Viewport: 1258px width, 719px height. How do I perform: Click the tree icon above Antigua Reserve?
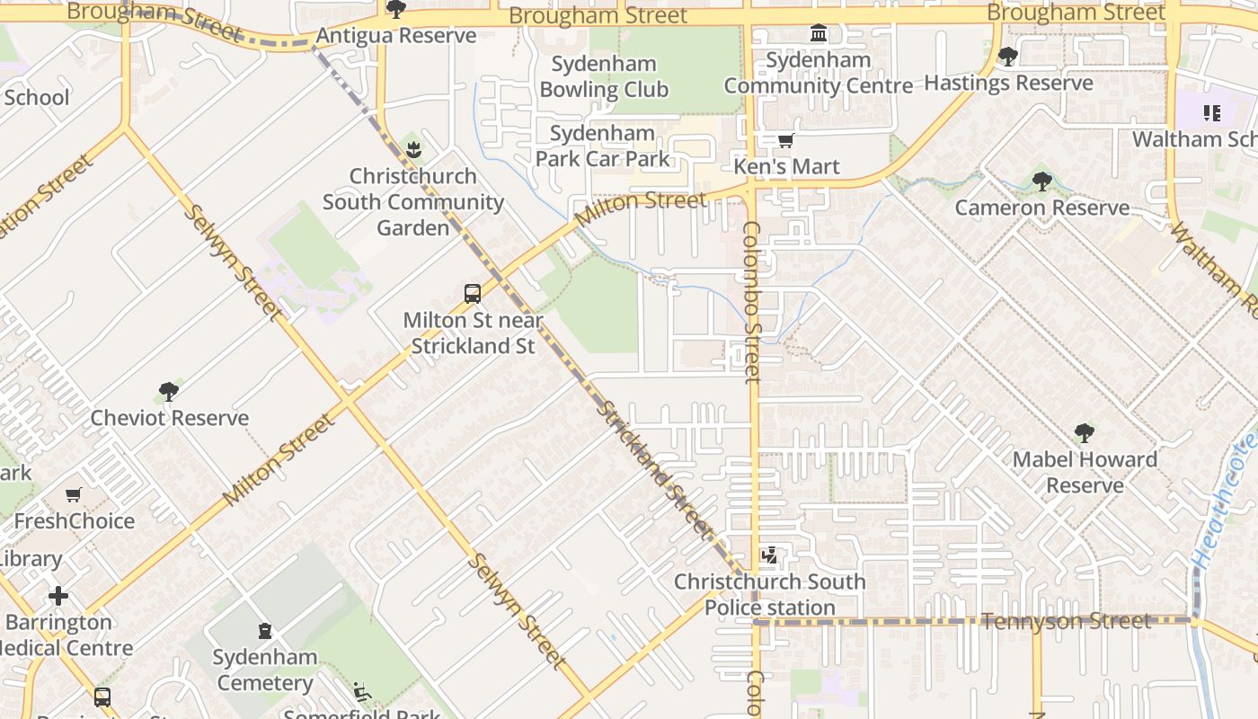(x=395, y=10)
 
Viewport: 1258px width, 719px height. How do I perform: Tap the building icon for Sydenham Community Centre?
(x=819, y=34)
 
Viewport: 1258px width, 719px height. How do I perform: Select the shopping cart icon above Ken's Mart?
(x=786, y=140)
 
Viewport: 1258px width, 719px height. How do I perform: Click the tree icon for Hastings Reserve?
(x=1008, y=57)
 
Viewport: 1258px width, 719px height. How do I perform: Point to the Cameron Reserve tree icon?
(x=1041, y=182)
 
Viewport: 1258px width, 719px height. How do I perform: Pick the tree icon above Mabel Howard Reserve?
(x=1085, y=433)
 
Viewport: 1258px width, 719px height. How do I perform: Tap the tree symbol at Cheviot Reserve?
(x=168, y=392)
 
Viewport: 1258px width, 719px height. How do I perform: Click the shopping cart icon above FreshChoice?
(x=74, y=495)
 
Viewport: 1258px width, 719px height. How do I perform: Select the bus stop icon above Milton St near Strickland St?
(x=473, y=293)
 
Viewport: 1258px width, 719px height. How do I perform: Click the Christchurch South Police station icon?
(x=769, y=556)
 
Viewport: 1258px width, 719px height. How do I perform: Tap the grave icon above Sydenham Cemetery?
(x=265, y=631)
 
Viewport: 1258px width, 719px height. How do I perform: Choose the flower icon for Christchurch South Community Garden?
(x=413, y=149)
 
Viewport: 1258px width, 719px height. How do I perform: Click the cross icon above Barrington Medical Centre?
(x=58, y=596)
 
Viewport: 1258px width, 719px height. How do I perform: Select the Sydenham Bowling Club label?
(x=604, y=76)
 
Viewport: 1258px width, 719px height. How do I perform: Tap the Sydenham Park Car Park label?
(x=603, y=146)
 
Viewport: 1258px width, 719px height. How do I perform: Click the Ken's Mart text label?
(x=786, y=166)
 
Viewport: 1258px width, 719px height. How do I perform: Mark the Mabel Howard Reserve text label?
(x=1085, y=472)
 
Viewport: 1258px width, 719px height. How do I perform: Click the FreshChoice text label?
(x=74, y=520)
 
